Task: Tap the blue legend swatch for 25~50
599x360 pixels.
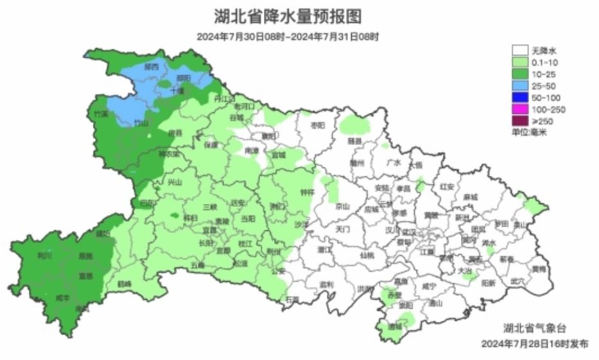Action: (x=520, y=86)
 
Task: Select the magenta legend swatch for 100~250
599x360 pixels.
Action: (x=520, y=110)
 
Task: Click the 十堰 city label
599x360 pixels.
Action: (x=177, y=91)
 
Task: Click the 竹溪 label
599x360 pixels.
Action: (x=101, y=114)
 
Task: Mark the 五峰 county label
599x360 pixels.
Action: (x=198, y=264)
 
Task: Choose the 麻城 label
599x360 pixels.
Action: (x=471, y=196)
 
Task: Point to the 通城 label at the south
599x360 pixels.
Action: (x=394, y=326)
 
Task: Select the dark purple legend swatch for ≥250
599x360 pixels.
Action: (x=520, y=121)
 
